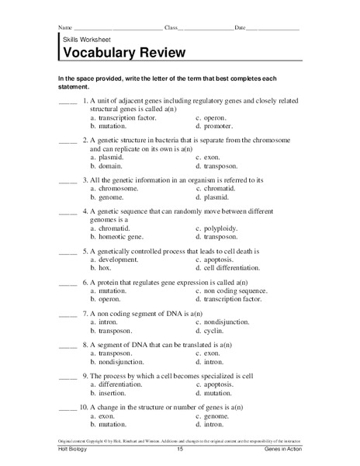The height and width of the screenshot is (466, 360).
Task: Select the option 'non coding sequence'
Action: point(236,290)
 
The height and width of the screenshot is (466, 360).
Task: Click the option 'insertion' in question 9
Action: point(109,392)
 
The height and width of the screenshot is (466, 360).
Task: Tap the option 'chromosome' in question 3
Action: point(117,187)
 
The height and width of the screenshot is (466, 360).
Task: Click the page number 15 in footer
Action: point(179,450)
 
